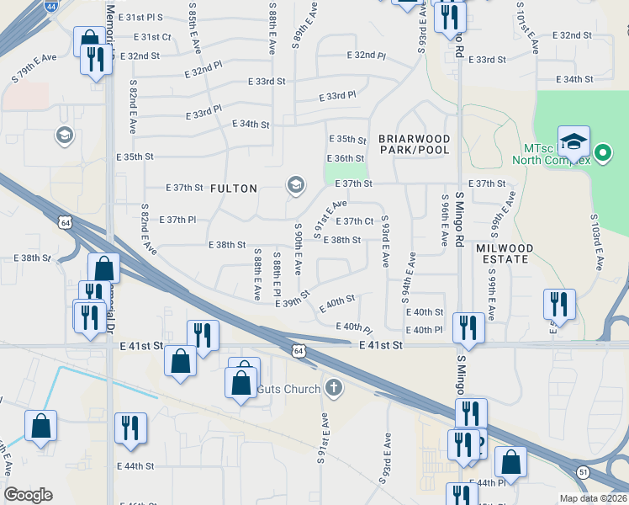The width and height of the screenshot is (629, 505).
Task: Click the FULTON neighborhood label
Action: [233, 189]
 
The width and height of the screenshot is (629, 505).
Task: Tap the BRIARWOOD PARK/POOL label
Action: [414, 144]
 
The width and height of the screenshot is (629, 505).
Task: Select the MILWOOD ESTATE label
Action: [505, 254]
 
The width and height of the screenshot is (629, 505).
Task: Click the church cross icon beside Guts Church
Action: [334, 388]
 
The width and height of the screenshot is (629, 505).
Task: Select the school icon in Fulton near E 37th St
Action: [295, 185]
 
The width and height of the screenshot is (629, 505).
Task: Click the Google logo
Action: [27, 495]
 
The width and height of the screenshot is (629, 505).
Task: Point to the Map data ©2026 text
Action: [592, 498]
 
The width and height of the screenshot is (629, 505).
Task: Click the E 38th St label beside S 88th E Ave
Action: [226, 245]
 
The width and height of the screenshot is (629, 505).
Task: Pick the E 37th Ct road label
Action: [354, 221]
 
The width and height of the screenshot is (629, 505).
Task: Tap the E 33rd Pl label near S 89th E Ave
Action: [337, 97]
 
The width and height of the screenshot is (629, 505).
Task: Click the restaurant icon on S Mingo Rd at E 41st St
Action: [467, 327]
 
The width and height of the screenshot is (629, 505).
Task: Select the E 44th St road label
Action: [135, 465]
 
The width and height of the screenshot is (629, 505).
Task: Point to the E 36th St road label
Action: [345, 158]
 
